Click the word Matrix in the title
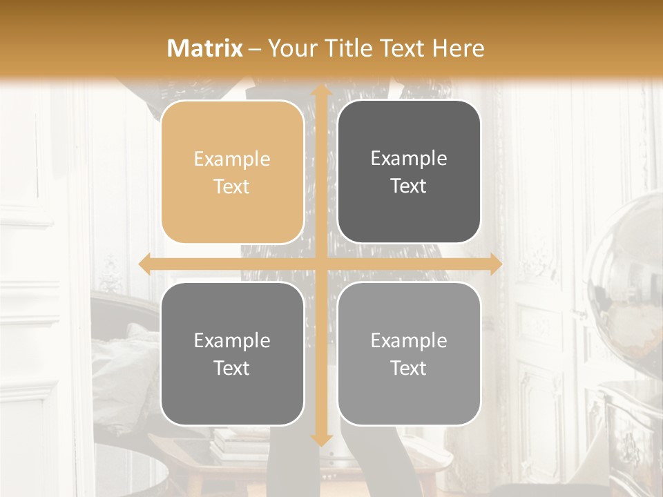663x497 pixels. (205, 48)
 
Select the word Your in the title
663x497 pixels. (291, 48)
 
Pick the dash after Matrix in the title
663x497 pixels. (255, 49)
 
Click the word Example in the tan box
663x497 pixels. (232, 159)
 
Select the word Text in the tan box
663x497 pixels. (232, 186)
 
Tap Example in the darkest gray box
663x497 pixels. (409, 159)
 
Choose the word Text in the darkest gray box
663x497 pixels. (409, 186)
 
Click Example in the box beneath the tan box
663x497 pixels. (232, 341)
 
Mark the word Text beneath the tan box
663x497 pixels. (232, 368)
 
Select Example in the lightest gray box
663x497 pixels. (409, 341)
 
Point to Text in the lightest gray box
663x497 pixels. (409, 368)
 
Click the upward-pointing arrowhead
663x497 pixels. (320, 91)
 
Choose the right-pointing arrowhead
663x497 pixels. (495, 264)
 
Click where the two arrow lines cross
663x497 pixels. (320, 264)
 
